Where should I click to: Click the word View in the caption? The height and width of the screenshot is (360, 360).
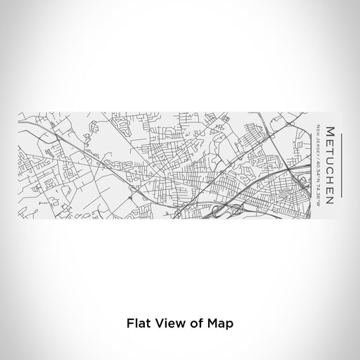pyautogui.click(x=167, y=324)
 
